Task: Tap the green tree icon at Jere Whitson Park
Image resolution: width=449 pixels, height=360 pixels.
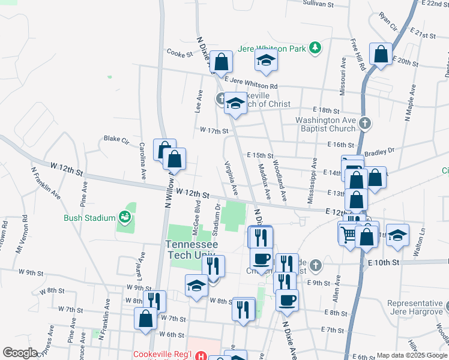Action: pyautogui.click(x=314, y=48)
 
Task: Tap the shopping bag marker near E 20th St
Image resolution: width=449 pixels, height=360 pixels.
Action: pyautogui.click(x=381, y=55)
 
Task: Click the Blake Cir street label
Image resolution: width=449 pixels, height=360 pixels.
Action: pyautogui.click(x=116, y=139)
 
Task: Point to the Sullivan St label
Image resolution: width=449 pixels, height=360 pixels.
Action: pyautogui.click(x=318, y=4)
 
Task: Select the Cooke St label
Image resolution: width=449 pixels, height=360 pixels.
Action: pyautogui.click(x=179, y=53)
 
